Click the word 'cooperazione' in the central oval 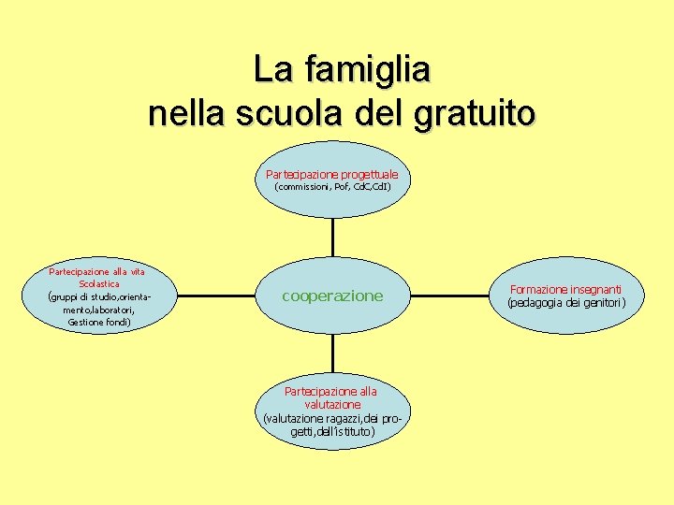pyautogui.click(x=332, y=296)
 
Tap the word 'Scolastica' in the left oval pyautogui.click(x=98, y=283)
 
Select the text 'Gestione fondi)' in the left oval pyautogui.click(x=98, y=323)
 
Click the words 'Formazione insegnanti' pyautogui.click(x=564, y=290)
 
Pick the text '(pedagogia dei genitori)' pyautogui.click(x=564, y=302)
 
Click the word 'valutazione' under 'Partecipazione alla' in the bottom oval pyautogui.click(x=332, y=404)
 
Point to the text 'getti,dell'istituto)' pyautogui.click(x=332, y=431)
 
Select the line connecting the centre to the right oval pyautogui.click(x=449, y=296)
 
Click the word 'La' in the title pyautogui.click(x=271, y=69)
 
